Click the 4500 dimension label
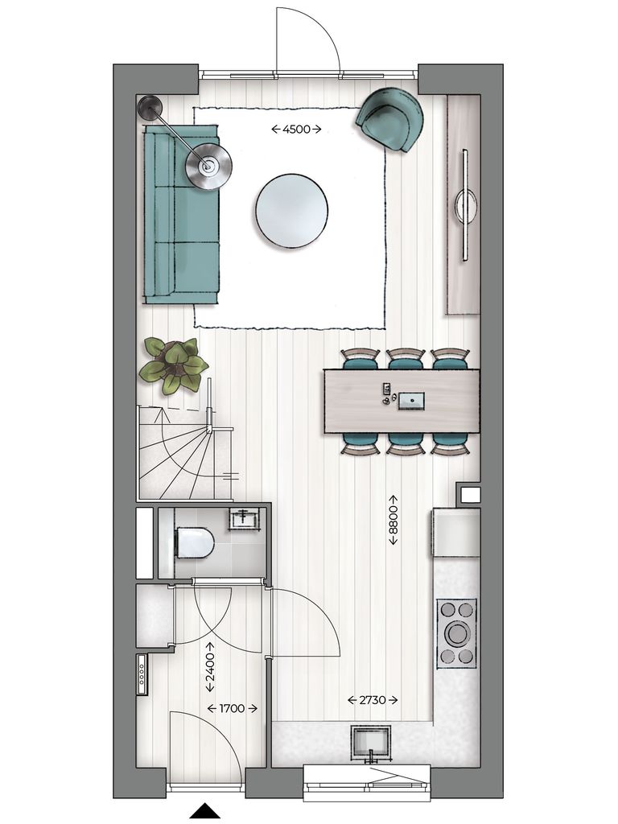pyautogui.click(x=295, y=129)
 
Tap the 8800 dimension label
pyautogui.click(x=393, y=520)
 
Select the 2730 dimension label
pyautogui.click(x=373, y=701)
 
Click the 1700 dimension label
pyautogui.click(x=232, y=709)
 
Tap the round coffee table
pyautogui.click(x=291, y=212)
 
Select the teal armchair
pyautogui.click(x=390, y=118)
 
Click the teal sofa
pyautogui.click(x=181, y=214)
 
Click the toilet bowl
pyautogui.click(x=194, y=542)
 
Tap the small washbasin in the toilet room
pyautogui.click(x=244, y=519)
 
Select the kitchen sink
pyautogui.click(x=371, y=741)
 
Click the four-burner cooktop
pyautogui.click(x=456, y=633)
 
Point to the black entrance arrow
pyautogui.click(x=205, y=811)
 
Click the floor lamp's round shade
pyautogui.click(x=208, y=167)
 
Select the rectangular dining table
pyautogui.click(x=402, y=401)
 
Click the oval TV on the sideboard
pyautogui.click(x=465, y=206)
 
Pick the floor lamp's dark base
pyautogui.click(x=149, y=107)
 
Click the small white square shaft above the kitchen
pyautogui.click(x=469, y=494)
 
